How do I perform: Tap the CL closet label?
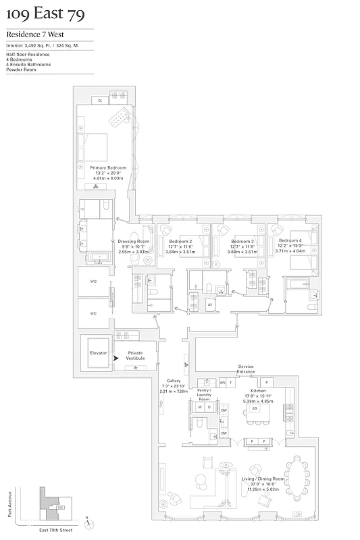click(100, 101)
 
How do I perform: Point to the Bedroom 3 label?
click(242, 241)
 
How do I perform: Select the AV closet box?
click(210, 305)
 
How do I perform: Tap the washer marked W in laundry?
click(201, 408)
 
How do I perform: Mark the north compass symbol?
click(87, 520)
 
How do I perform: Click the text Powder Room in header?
click(20, 70)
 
